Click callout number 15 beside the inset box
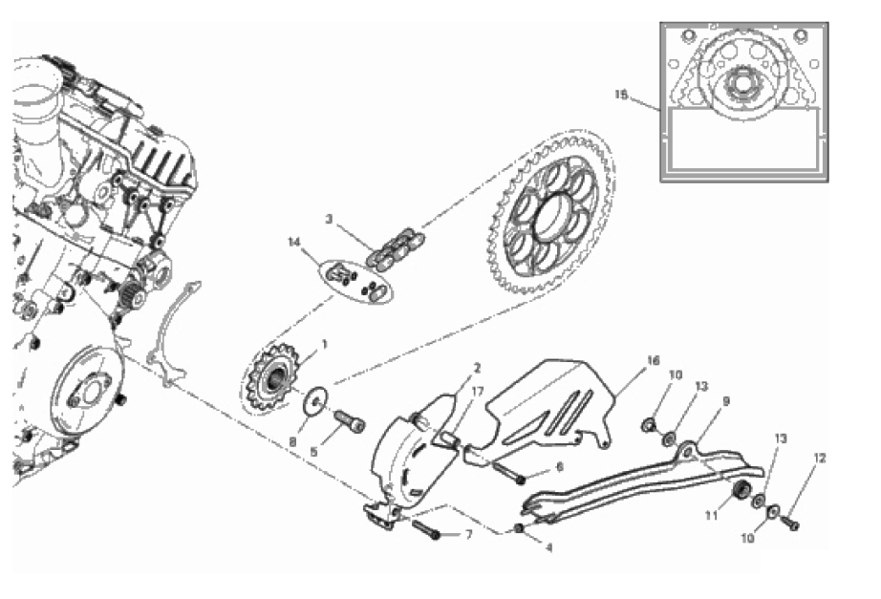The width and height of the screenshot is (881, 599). [620, 95]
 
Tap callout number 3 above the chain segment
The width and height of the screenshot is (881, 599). [330, 219]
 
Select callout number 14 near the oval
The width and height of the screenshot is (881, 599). [294, 243]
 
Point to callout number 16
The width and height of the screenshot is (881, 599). [653, 360]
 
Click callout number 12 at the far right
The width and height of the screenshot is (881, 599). [820, 458]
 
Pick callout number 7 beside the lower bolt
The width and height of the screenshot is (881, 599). [469, 534]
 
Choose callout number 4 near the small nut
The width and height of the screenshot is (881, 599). [548, 547]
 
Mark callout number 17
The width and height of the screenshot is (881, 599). [477, 392]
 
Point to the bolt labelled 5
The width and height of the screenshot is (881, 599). [350, 419]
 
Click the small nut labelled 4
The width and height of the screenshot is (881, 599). [520, 528]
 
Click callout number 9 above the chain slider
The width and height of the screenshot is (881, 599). [726, 401]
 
